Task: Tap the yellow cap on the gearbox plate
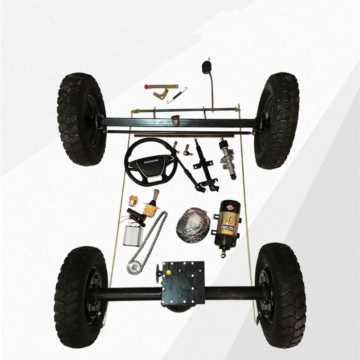168,273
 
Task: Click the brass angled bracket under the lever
159,95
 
